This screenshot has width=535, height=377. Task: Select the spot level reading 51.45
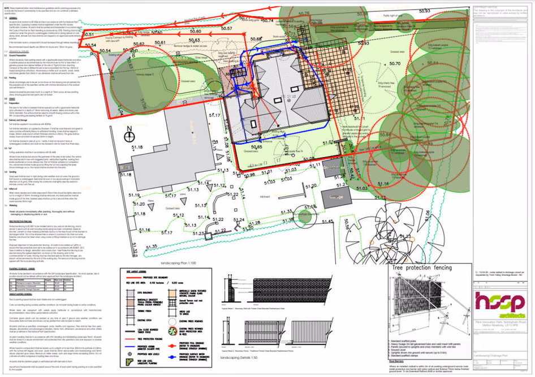point(327,222)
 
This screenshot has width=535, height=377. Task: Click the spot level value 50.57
point(227,28)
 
